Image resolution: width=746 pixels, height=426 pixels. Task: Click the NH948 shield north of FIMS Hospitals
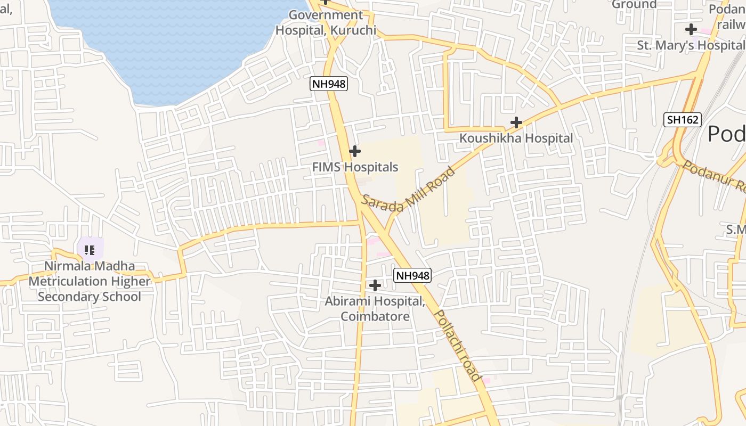point(329,84)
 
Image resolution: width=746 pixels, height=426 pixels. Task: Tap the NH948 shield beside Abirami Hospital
point(412,275)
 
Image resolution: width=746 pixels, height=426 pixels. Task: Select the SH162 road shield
point(682,119)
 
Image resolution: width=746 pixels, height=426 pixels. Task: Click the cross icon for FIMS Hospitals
point(354,151)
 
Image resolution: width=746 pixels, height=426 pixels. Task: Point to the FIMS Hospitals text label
point(355,167)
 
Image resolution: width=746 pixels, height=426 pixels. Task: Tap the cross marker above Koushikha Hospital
point(516,122)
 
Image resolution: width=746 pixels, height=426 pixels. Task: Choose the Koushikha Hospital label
point(516,138)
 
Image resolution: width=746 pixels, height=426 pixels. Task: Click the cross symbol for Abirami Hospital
point(375,285)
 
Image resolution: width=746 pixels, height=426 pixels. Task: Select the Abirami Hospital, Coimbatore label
point(375,309)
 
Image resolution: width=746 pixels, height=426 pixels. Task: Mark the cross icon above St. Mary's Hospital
point(691,29)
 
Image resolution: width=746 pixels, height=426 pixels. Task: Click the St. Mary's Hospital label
point(691,45)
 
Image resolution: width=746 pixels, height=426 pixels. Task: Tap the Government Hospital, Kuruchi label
point(326,22)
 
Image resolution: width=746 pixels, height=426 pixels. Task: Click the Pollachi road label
point(457,345)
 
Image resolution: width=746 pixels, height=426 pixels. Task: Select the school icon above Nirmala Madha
point(90,249)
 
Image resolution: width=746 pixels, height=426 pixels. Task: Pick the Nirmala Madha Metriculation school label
point(90,281)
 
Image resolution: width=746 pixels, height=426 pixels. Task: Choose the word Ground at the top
point(634,4)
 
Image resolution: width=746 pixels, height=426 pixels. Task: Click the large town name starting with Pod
point(726,134)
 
